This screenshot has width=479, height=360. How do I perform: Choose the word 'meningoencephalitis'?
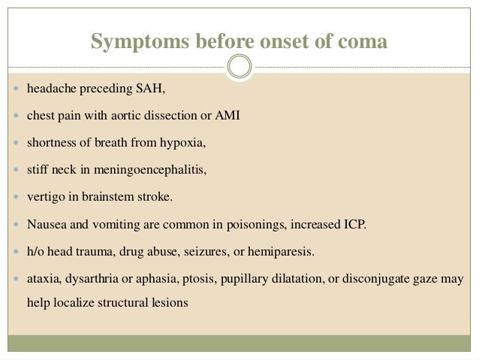[x=150, y=169]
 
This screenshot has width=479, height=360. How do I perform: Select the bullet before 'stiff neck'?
[x=16, y=170]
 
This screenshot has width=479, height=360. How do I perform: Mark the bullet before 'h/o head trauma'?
[x=16, y=250]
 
